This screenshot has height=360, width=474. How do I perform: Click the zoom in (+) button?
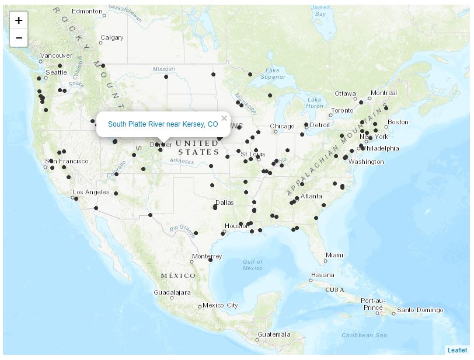[x=19, y=20]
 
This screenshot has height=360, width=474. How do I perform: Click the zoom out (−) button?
[x=19, y=38]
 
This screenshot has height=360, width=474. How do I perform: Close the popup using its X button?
[x=224, y=118]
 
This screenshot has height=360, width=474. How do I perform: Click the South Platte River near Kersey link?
[x=163, y=124]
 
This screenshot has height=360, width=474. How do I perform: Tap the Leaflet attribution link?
[x=457, y=350]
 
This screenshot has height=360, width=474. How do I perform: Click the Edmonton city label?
[x=87, y=11]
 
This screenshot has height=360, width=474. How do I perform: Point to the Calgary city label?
[x=111, y=37]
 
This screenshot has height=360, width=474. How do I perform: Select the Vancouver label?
[x=56, y=55]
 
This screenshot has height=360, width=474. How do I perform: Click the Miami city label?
[x=334, y=255]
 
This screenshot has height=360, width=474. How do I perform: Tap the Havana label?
[x=322, y=275]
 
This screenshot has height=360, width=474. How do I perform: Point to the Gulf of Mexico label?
[x=253, y=264]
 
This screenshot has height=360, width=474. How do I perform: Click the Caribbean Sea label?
[x=364, y=335]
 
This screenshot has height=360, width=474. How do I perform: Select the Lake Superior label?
[x=273, y=74]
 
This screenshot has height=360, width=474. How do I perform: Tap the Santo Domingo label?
[x=420, y=310]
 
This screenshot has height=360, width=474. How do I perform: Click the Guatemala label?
[x=273, y=334]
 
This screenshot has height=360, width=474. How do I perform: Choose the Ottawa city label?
[x=345, y=93]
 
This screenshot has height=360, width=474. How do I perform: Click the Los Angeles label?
[x=91, y=192]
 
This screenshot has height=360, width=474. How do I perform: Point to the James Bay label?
[x=320, y=11]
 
